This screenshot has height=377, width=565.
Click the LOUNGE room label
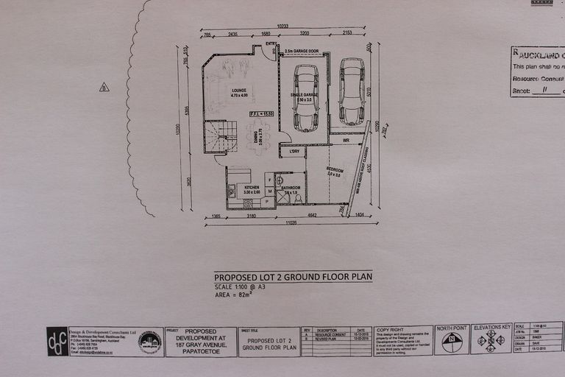[238, 91]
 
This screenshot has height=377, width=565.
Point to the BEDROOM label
[335, 170]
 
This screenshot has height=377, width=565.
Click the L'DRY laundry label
[294, 152]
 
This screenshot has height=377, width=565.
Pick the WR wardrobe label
[345, 139]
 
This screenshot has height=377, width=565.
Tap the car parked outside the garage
[352, 91]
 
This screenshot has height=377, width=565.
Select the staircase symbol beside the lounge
[221, 137]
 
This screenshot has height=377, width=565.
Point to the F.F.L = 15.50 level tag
[261, 113]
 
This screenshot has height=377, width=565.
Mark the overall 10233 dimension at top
[282, 27]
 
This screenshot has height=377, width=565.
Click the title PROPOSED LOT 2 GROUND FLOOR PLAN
[293, 277]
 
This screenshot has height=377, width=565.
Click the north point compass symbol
[452, 342]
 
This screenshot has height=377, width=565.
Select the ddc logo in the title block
[57, 342]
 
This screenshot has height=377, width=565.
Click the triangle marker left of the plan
[104, 87]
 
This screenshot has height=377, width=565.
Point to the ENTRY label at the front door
[270, 44]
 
